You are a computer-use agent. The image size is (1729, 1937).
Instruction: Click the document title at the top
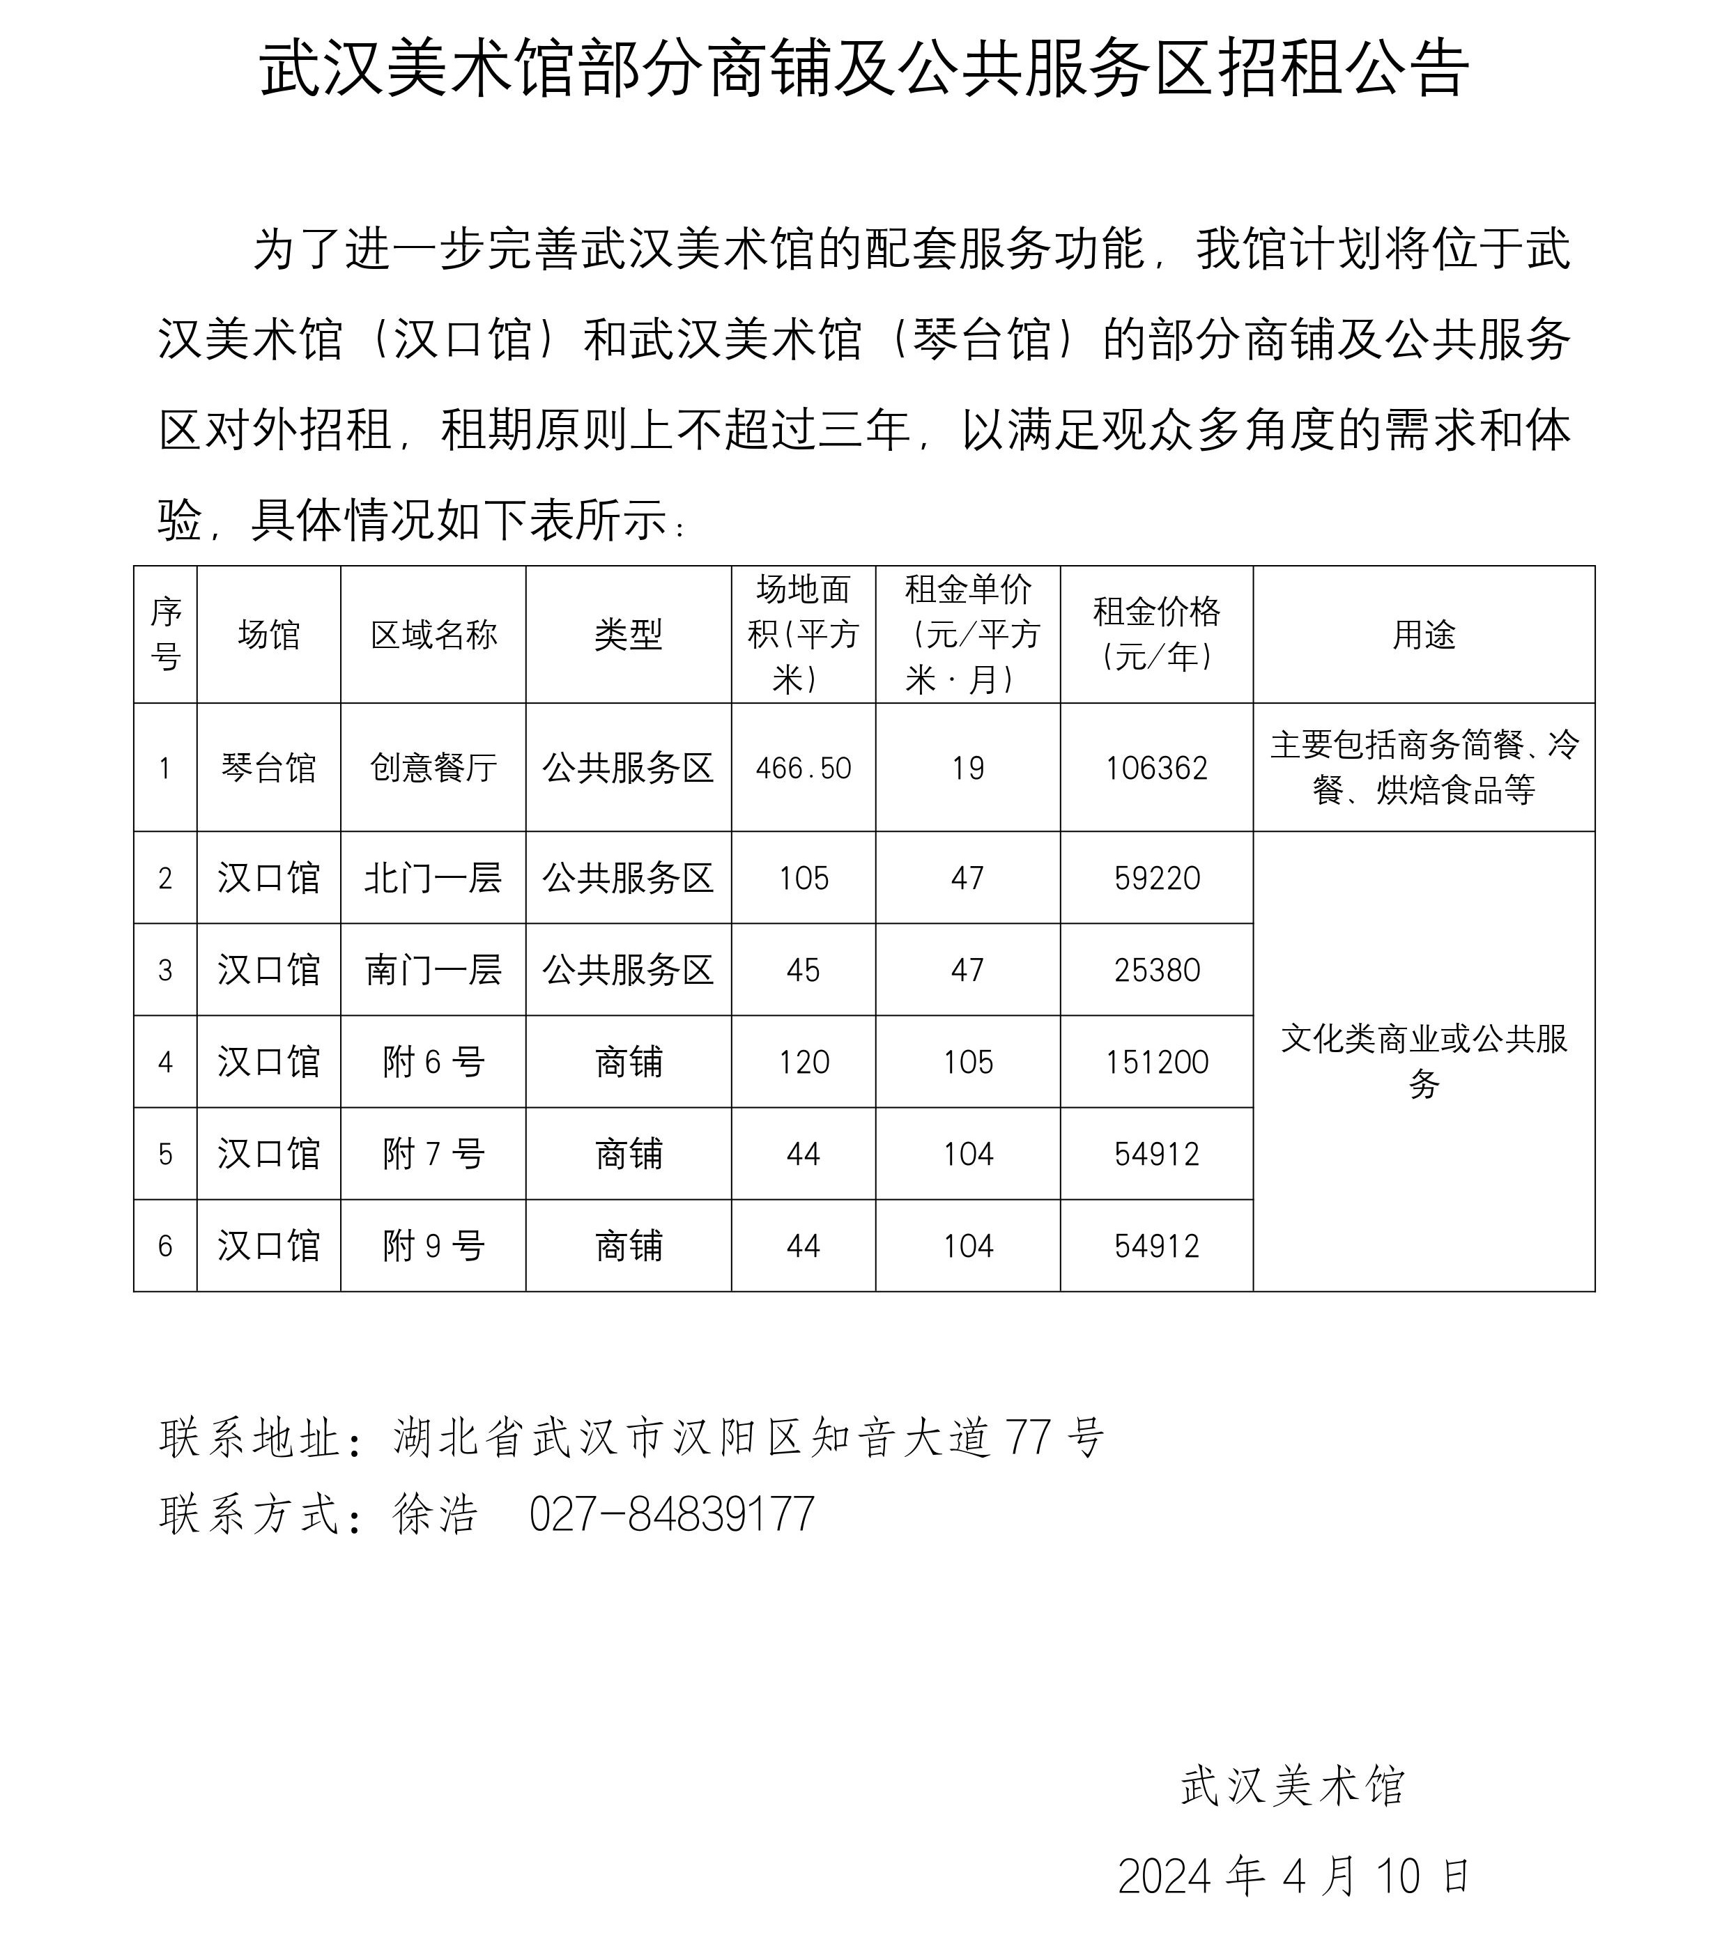click(863, 68)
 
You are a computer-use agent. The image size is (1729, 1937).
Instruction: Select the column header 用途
click(1423, 635)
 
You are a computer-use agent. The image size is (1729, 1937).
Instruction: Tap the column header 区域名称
click(433, 635)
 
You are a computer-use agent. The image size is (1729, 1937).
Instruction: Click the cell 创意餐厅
click(433, 768)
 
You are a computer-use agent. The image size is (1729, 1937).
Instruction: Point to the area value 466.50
click(803, 768)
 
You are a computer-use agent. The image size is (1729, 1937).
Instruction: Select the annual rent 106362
click(1156, 768)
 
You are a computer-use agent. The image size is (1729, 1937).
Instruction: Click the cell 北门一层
click(433, 878)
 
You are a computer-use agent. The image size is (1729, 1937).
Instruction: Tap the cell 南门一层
click(433, 970)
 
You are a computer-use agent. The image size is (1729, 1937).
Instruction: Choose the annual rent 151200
click(1156, 1062)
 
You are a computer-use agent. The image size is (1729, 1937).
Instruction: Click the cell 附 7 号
click(433, 1155)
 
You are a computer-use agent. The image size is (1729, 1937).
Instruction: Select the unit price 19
click(967, 768)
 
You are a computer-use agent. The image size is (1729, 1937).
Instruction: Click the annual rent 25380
click(1156, 970)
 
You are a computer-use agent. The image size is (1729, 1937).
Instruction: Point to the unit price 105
click(967, 1062)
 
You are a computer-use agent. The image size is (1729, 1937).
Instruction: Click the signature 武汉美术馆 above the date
click(1292, 1786)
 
